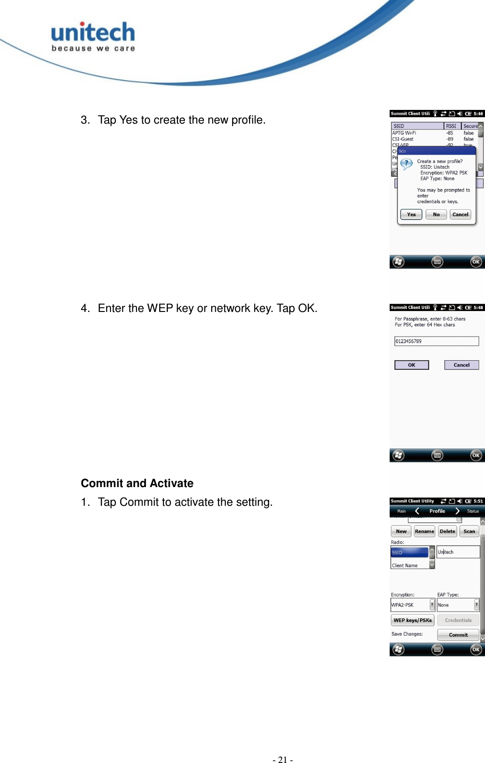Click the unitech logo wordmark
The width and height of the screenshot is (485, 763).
[x=93, y=33]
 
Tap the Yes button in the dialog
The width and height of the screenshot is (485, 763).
[x=411, y=214]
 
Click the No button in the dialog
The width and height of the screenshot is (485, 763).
[x=436, y=214]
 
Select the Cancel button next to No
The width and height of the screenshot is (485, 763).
[x=460, y=214]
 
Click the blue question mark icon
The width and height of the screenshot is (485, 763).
[x=406, y=164]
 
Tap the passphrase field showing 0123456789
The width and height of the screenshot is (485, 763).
[x=436, y=341]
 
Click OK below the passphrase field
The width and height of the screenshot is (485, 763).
[x=412, y=365]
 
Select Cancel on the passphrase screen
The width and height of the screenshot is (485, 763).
[x=461, y=365]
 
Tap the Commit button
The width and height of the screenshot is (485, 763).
[x=458, y=635]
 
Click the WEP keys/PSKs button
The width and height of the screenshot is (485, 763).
[x=412, y=620]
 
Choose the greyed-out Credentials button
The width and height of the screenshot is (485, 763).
[x=458, y=620]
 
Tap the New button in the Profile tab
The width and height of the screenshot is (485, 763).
[x=401, y=531]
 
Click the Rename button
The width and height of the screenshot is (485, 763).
[x=424, y=531]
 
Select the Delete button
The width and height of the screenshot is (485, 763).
[x=448, y=531]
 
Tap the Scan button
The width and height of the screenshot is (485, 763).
[x=469, y=531]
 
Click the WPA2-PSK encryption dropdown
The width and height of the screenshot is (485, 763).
[x=412, y=605]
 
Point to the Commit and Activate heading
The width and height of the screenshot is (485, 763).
[x=137, y=483]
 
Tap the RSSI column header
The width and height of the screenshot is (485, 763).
[x=451, y=126]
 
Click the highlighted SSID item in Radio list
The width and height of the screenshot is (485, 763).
[x=410, y=552]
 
